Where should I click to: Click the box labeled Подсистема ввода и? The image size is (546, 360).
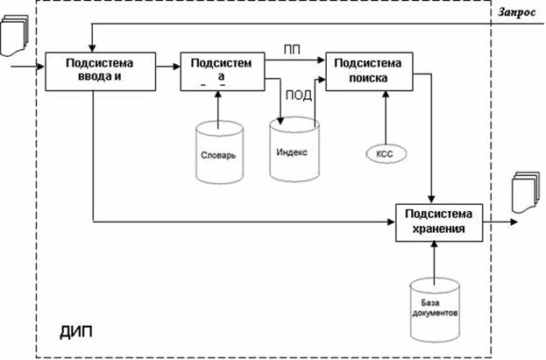pyautogui.click(x=101, y=71)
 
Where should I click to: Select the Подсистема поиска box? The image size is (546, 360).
pyautogui.click(x=369, y=71)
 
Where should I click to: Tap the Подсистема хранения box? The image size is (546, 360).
pyautogui.click(x=439, y=222)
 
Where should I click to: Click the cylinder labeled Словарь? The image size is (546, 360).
pyautogui.click(x=219, y=152)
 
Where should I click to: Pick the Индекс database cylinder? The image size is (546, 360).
pyautogui.click(x=294, y=149)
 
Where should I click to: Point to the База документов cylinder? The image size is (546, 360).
pyautogui.click(x=435, y=310)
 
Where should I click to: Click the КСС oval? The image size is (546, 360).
pyautogui.click(x=386, y=154)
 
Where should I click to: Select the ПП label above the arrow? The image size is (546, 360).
pyautogui.click(x=292, y=50)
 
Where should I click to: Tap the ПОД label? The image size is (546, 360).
pyautogui.click(x=299, y=95)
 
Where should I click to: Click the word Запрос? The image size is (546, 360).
pyautogui.click(x=517, y=12)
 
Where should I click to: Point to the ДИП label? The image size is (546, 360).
pyautogui.click(x=76, y=332)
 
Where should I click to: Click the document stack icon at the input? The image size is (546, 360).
pyautogui.click(x=14, y=35)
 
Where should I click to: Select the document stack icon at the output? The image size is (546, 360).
pyautogui.click(x=526, y=192)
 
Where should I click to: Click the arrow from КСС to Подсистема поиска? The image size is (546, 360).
pyautogui.click(x=386, y=117)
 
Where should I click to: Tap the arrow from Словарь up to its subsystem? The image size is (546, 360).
pyautogui.click(x=218, y=109)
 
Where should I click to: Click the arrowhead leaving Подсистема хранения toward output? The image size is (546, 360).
pyautogui.click(x=514, y=222)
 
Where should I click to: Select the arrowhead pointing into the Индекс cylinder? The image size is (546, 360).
pyautogui.click(x=280, y=121)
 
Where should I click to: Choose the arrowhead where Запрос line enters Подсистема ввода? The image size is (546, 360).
pyautogui.click(x=92, y=48)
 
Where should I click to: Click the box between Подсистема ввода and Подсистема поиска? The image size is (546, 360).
pyautogui.click(x=223, y=71)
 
